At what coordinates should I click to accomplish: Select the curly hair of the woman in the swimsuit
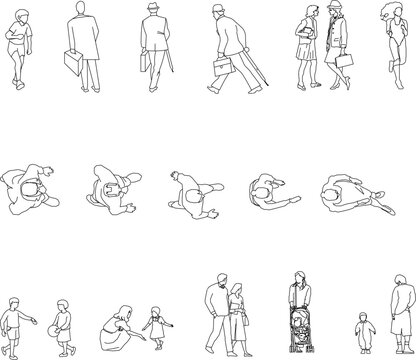[388, 12]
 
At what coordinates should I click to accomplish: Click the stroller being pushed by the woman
[302, 326]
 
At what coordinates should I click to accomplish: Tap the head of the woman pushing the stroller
[299, 278]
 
